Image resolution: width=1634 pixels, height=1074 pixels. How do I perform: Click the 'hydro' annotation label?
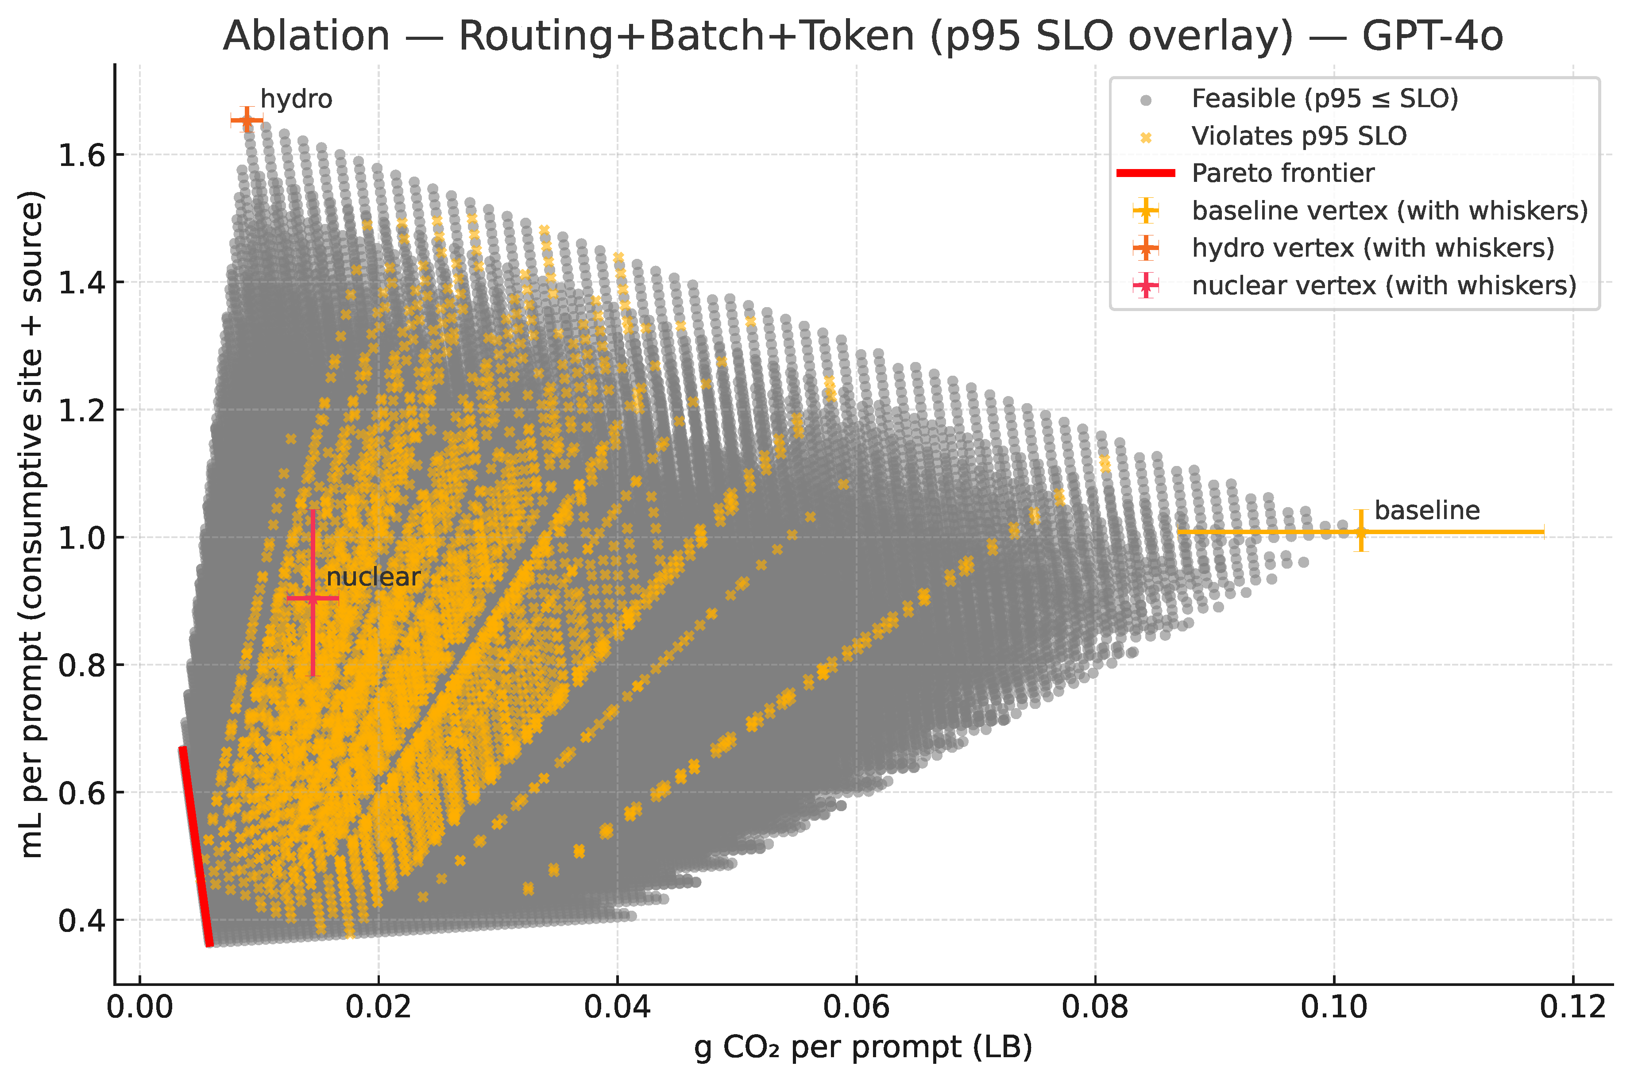[x=296, y=100]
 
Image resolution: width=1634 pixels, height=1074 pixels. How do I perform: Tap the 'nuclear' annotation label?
[x=373, y=577]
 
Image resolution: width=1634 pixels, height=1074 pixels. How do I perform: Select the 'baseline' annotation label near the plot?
[x=1427, y=511]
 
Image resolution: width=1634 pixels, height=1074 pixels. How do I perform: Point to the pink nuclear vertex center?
[x=313, y=598]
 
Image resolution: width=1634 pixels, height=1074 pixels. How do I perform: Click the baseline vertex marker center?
[x=1361, y=532]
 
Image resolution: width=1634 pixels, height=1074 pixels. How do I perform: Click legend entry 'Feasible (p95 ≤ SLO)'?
[x=1325, y=99]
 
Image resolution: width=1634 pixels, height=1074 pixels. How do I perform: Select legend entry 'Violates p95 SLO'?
[x=1299, y=137]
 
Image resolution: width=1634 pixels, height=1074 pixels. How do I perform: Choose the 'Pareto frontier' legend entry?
[x=1282, y=173]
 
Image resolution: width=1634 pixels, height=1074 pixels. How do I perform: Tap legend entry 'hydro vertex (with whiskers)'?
[x=1372, y=248]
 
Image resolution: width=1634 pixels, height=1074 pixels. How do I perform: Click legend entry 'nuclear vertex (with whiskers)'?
[x=1383, y=285]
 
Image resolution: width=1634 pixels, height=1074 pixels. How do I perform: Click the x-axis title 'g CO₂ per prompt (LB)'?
[x=863, y=1048]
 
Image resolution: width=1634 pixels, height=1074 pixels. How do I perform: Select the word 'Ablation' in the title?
[x=306, y=36]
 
